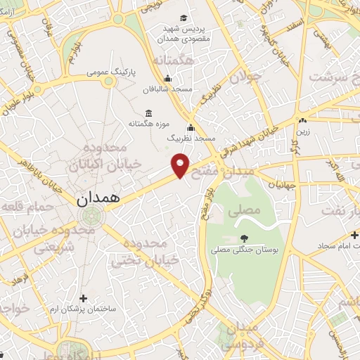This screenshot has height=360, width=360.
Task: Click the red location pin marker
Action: (x=181, y=165)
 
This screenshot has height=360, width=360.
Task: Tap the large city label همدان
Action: (x=98, y=199)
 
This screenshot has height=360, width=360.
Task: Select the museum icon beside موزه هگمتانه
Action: (x=148, y=112)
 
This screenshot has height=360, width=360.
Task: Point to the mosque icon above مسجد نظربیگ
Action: (x=191, y=127)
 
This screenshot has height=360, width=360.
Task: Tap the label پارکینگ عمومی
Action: (x=107, y=72)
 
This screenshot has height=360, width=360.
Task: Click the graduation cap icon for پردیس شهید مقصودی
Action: (x=183, y=18)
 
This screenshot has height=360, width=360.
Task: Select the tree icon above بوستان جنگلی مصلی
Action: (x=244, y=239)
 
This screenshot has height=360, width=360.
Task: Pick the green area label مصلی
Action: (x=245, y=210)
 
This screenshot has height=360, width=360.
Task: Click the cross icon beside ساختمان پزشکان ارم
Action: (x=84, y=298)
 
